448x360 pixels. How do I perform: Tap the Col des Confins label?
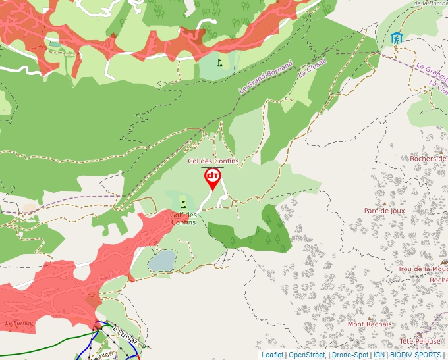tap(213, 161)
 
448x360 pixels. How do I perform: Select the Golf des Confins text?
tap(183, 219)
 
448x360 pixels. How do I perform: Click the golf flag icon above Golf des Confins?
tap(183, 205)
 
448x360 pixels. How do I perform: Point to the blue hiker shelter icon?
tap(396, 38)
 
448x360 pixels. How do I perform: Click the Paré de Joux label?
tap(384, 211)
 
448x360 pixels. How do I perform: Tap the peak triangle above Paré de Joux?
tap(385, 202)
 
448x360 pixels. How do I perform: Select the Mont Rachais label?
tap(370, 324)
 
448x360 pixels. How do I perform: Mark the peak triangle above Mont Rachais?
tap(370, 315)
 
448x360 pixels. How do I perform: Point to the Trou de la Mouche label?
tap(422, 269)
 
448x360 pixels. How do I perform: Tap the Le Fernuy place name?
tap(18, 324)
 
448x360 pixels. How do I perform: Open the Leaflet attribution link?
tap(272, 355)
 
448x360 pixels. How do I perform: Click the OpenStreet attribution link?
tap(306, 355)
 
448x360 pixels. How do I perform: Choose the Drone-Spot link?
tap(350, 355)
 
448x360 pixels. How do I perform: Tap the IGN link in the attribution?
tap(379, 355)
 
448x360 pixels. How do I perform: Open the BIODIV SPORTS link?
tap(415, 355)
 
